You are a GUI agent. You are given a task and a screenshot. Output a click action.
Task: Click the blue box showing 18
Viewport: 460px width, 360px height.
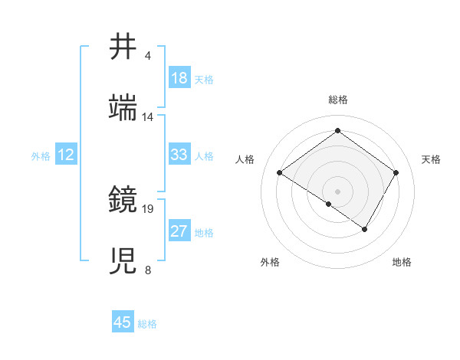179,78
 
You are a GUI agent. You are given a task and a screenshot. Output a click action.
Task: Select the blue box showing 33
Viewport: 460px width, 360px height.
179,155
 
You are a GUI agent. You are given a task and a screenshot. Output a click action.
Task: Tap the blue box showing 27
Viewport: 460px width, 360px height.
179,232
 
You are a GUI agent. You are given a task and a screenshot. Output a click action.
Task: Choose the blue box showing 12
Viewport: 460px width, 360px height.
66,155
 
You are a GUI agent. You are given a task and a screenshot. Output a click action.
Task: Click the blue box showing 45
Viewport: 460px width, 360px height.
123,322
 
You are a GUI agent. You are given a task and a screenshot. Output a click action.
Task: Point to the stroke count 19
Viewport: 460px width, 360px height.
149,208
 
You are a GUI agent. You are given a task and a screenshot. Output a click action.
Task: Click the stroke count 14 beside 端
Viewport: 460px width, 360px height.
148,117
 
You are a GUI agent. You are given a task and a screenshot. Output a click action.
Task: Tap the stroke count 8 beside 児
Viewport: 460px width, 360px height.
148,270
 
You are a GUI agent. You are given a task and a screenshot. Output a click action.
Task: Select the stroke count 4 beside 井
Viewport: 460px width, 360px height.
148,56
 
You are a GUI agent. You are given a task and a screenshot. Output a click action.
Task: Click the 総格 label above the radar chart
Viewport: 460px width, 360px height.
338,100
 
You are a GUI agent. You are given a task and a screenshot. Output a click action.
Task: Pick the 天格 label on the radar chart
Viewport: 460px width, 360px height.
431,159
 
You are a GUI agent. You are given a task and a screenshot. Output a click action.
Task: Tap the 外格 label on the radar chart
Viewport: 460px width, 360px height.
270,262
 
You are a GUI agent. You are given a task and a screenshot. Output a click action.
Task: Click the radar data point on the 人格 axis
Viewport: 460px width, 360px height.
280,173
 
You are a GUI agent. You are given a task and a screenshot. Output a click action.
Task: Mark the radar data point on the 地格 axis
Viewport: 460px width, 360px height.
365,229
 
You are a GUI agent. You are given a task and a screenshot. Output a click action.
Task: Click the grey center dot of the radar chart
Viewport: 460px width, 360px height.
337,191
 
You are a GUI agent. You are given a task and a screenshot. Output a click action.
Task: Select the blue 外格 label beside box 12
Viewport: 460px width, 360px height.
41,156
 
